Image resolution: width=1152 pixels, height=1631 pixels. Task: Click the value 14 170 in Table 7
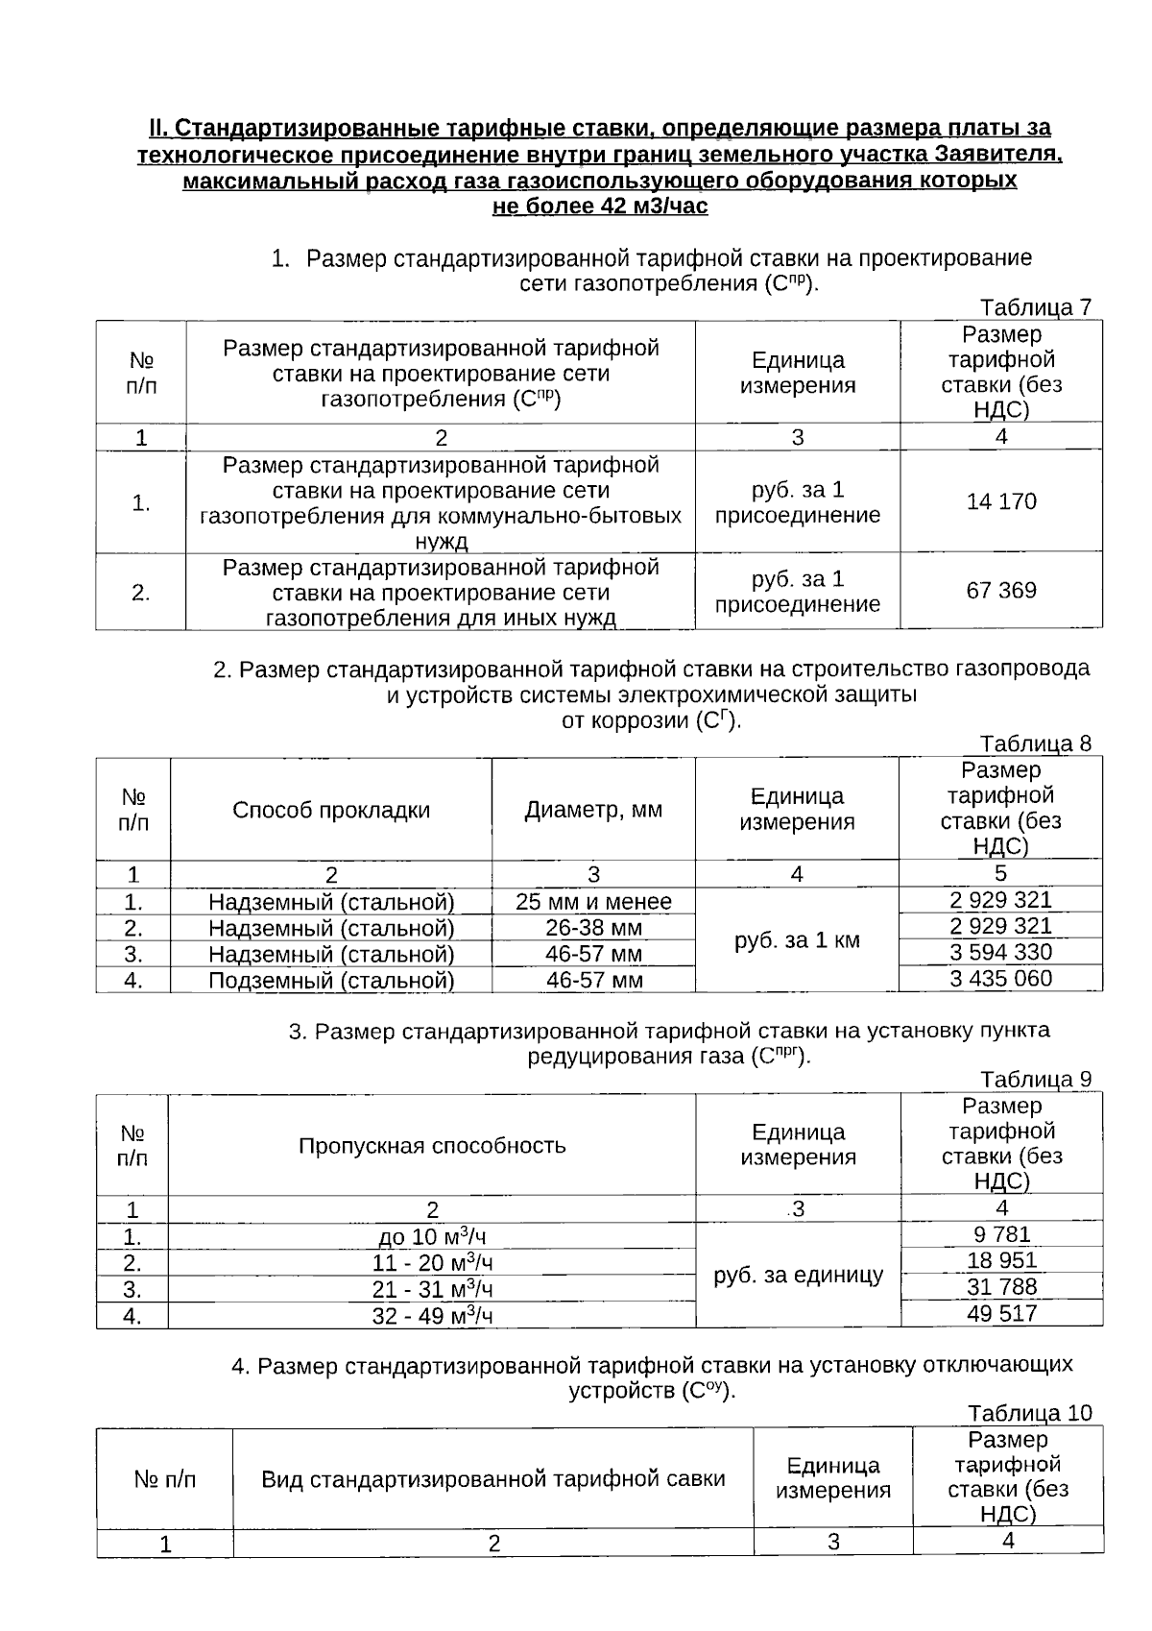[1001, 501]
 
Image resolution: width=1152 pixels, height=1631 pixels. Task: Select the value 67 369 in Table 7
[1001, 590]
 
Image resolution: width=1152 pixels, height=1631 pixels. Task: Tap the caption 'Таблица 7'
[1035, 307]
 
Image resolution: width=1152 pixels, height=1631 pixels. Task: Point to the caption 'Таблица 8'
[1035, 743]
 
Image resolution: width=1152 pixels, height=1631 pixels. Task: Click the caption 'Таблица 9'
[1035, 1080]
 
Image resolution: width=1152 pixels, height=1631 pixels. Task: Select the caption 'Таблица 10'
[1029, 1413]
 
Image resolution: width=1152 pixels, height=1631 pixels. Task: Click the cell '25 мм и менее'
[593, 902]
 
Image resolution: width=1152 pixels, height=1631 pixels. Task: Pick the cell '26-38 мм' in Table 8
[593, 928]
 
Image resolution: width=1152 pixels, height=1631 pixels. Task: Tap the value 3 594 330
[1000, 952]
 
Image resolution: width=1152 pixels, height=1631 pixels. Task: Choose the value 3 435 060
[1000, 979]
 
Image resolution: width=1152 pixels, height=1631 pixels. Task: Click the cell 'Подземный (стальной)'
[331, 981]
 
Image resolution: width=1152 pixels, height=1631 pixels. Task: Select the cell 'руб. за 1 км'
[797, 940]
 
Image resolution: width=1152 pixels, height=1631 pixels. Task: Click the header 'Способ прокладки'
[331, 810]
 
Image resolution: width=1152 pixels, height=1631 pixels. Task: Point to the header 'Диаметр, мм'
[593, 810]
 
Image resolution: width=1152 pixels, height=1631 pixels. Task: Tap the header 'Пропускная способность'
[432, 1146]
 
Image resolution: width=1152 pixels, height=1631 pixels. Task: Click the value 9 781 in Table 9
[1001, 1234]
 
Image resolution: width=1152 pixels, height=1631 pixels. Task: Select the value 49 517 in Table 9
[1001, 1313]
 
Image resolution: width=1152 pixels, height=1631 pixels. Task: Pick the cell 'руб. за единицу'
[798, 1276]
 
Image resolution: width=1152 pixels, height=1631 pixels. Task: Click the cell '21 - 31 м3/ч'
[432, 1289]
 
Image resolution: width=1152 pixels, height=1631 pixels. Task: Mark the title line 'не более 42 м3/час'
[600, 207]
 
